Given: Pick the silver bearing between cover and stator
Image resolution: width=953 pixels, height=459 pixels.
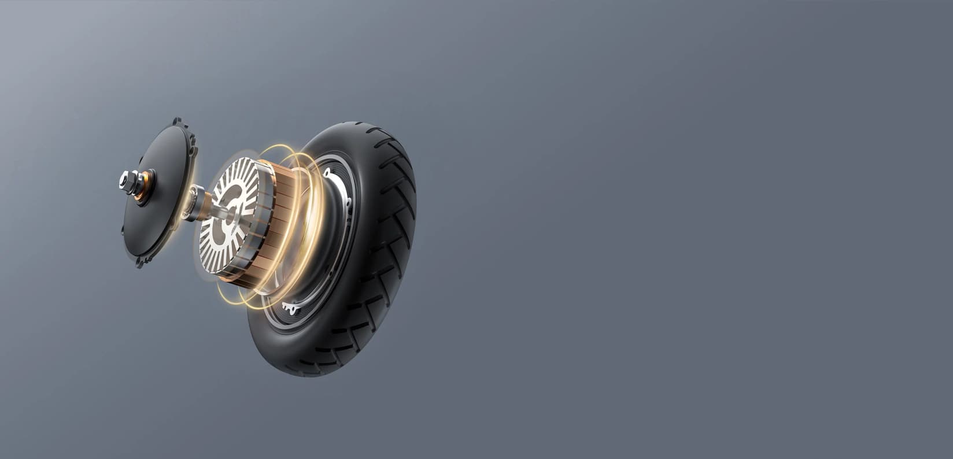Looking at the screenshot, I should (198, 202).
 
